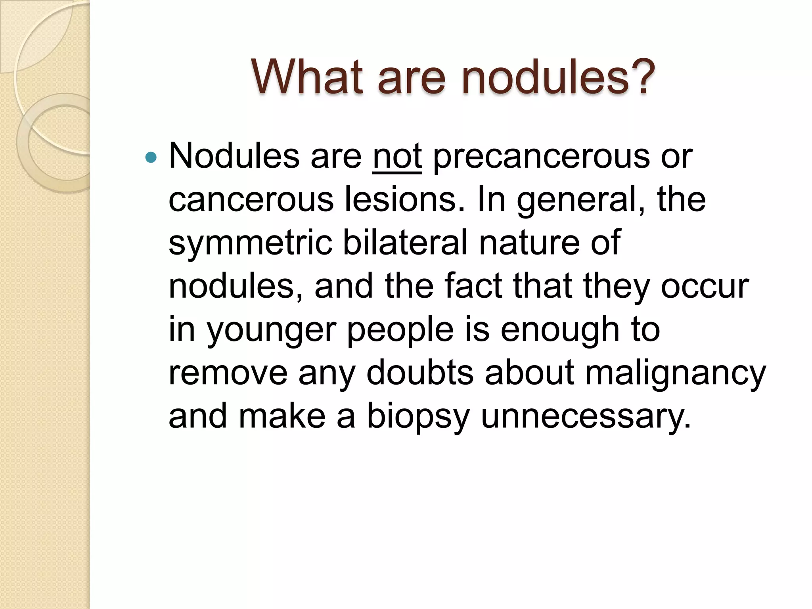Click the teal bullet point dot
151,158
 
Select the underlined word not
397,156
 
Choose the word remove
228,373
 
